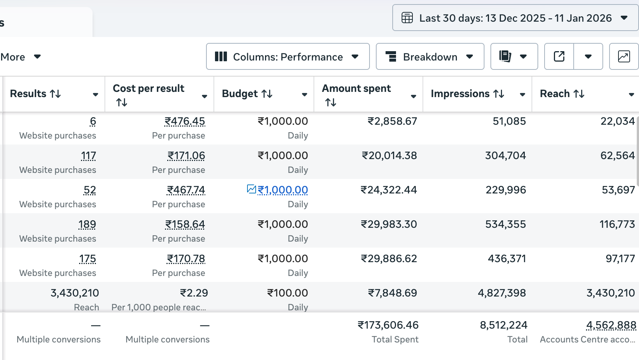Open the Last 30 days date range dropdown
click(x=515, y=18)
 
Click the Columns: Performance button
click(x=287, y=57)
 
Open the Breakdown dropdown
click(x=430, y=57)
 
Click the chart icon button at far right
click(x=624, y=57)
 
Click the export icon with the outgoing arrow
click(x=559, y=57)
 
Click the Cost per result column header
click(x=149, y=89)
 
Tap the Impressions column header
click(x=460, y=94)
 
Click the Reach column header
click(x=555, y=94)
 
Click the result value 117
click(x=88, y=155)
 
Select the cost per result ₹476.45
click(x=185, y=121)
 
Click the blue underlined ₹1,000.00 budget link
click(x=283, y=190)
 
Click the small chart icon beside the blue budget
click(x=252, y=189)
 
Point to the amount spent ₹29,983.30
click(x=389, y=224)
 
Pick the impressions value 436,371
click(x=506, y=258)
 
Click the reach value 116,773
click(x=617, y=224)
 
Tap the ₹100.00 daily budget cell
click(x=287, y=293)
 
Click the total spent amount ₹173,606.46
click(x=388, y=325)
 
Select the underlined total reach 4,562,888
click(x=611, y=325)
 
